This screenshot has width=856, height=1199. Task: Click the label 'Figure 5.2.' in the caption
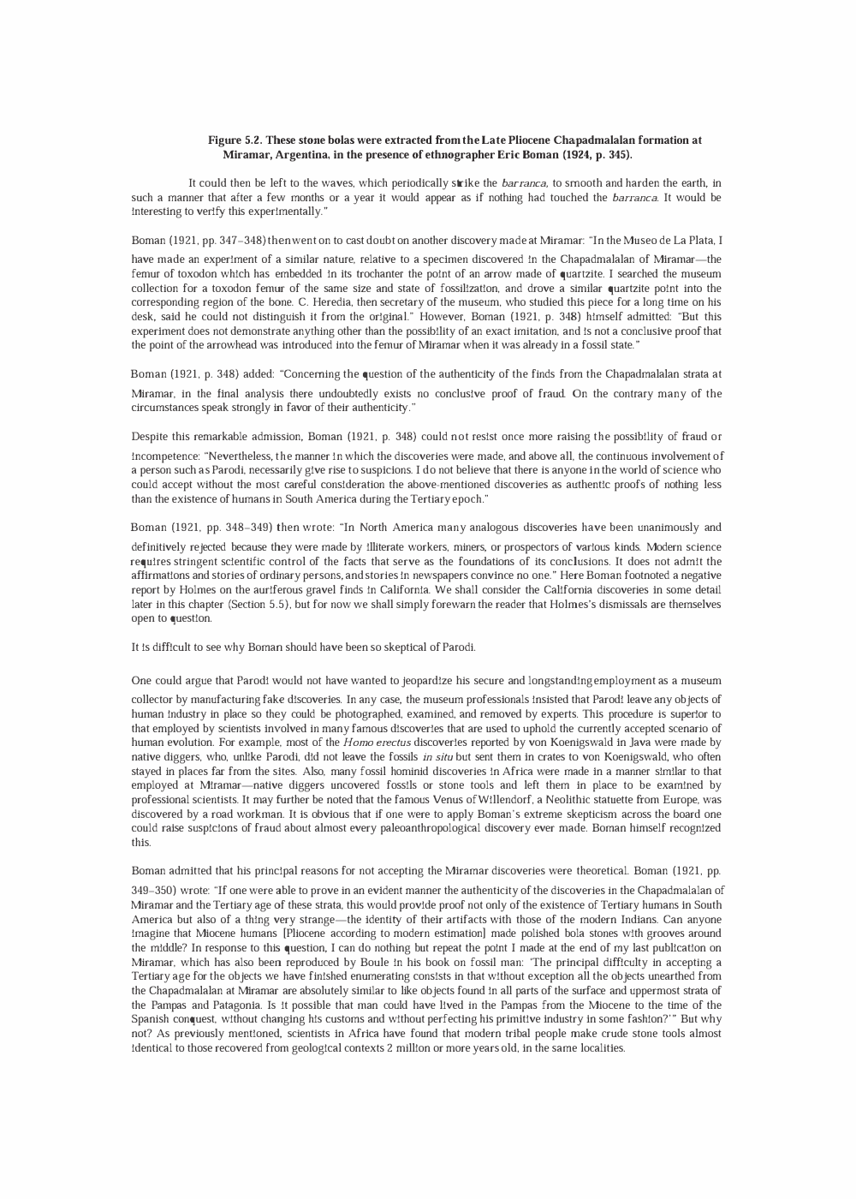click(236, 140)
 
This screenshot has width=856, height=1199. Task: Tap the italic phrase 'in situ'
click(437, 757)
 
